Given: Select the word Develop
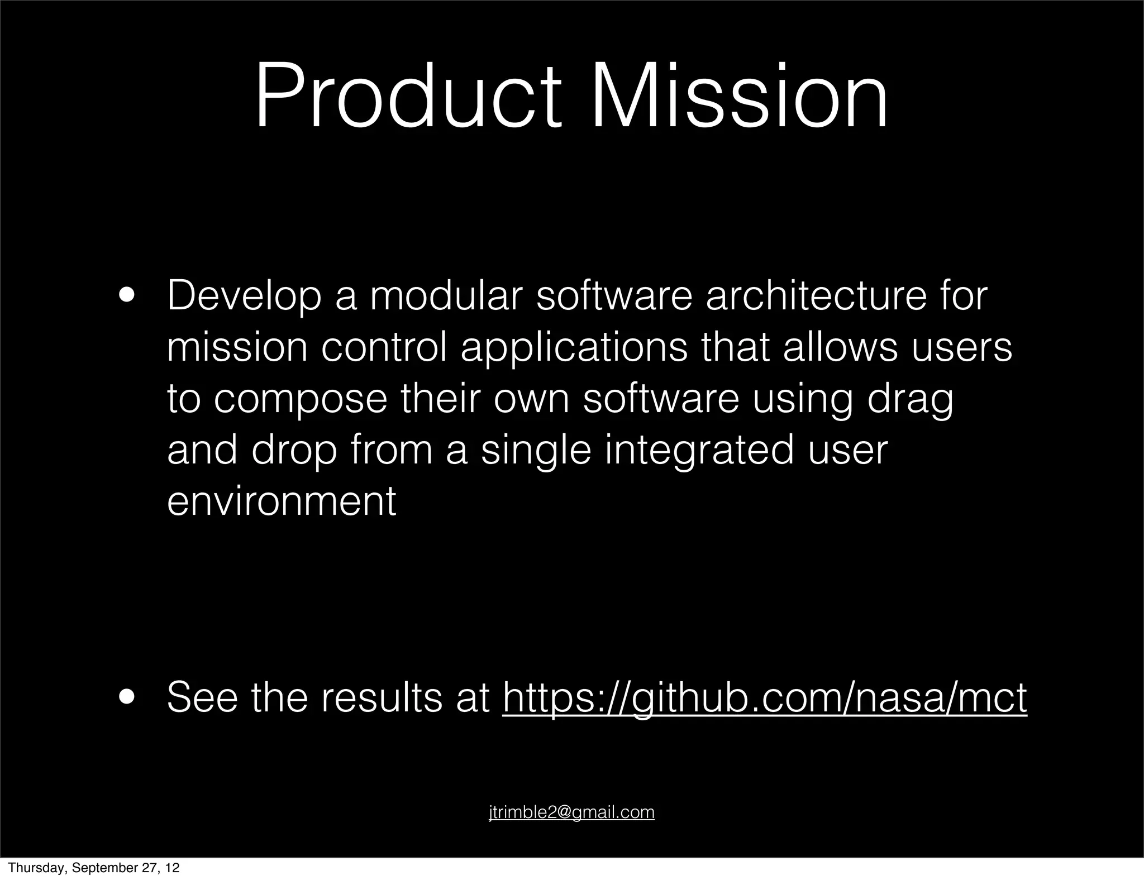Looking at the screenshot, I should (244, 297).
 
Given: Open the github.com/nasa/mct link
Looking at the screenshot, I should (764, 698).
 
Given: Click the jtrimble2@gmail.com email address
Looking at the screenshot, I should (571, 812).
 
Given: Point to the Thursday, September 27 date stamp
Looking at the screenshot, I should (94, 868).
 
